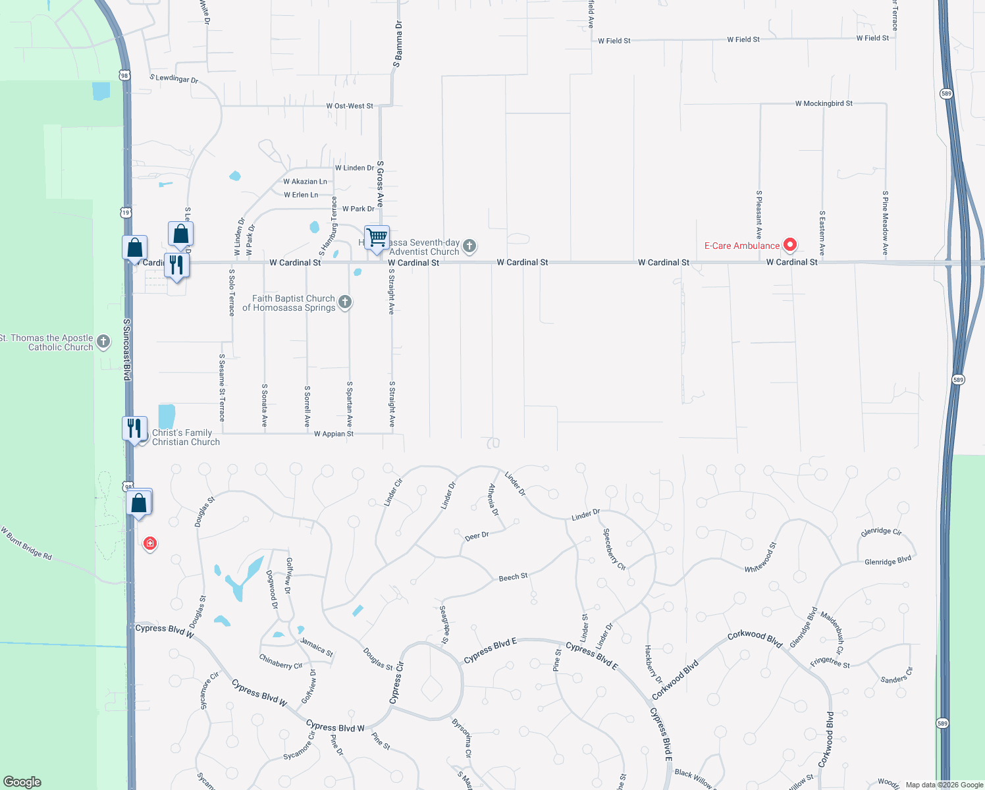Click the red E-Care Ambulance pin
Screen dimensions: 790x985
pyautogui.click(x=790, y=246)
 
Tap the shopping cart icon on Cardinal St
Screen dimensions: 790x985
pyautogui.click(x=377, y=238)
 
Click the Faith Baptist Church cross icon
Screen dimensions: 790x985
pyautogui.click(x=345, y=303)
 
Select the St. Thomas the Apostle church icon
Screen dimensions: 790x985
pyautogui.click(x=103, y=342)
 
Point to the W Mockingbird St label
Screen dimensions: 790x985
pyautogui.click(x=823, y=103)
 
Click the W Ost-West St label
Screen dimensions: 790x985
pyautogui.click(x=350, y=106)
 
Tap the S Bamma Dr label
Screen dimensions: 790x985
pyautogui.click(x=398, y=44)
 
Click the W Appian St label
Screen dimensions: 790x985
pyautogui.click(x=334, y=434)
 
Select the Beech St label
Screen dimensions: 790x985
pyautogui.click(x=513, y=577)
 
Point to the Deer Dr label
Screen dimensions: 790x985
pyautogui.click(x=477, y=536)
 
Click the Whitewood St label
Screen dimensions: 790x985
pyautogui.click(x=760, y=558)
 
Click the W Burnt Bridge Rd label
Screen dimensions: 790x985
pyautogui.click(x=26, y=543)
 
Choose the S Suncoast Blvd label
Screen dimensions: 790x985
pyautogui.click(x=127, y=350)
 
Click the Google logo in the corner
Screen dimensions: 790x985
pyautogui.click(x=22, y=782)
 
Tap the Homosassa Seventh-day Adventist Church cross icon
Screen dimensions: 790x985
pyautogui.click(x=469, y=246)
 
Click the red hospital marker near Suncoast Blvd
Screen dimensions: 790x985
pyautogui.click(x=150, y=543)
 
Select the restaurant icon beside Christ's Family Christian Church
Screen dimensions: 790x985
pyautogui.click(x=134, y=429)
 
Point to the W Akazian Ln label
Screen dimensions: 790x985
pyautogui.click(x=305, y=182)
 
